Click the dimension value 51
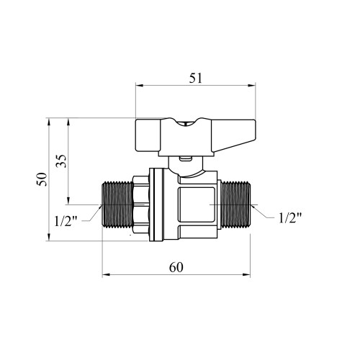[196, 78]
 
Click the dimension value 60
[176, 267]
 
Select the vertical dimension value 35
[60, 161]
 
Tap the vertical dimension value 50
[42, 179]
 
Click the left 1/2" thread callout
[66, 221]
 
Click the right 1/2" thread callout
[290, 218]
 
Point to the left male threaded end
[117, 204]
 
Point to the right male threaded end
[235, 204]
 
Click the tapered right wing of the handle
[233, 135]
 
